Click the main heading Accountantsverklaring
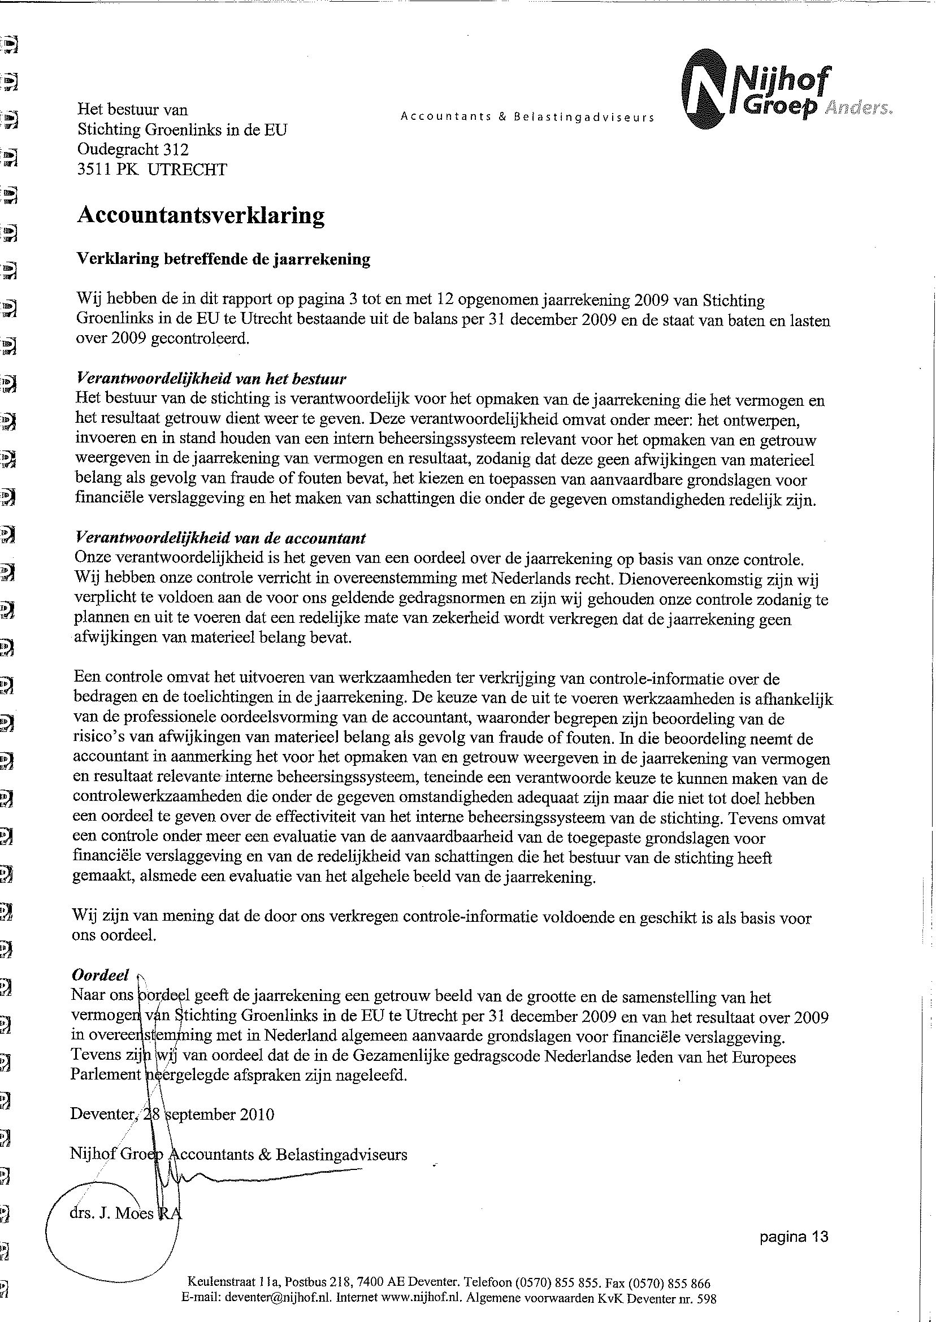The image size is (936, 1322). pos(201,215)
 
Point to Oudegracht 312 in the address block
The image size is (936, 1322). pos(133,150)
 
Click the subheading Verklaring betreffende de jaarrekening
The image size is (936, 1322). pos(223,259)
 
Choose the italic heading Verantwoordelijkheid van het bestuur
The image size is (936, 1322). pos(211,379)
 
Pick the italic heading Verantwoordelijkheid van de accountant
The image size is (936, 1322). pos(221,538)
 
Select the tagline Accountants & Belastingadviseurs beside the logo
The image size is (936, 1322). pos(527,117)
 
